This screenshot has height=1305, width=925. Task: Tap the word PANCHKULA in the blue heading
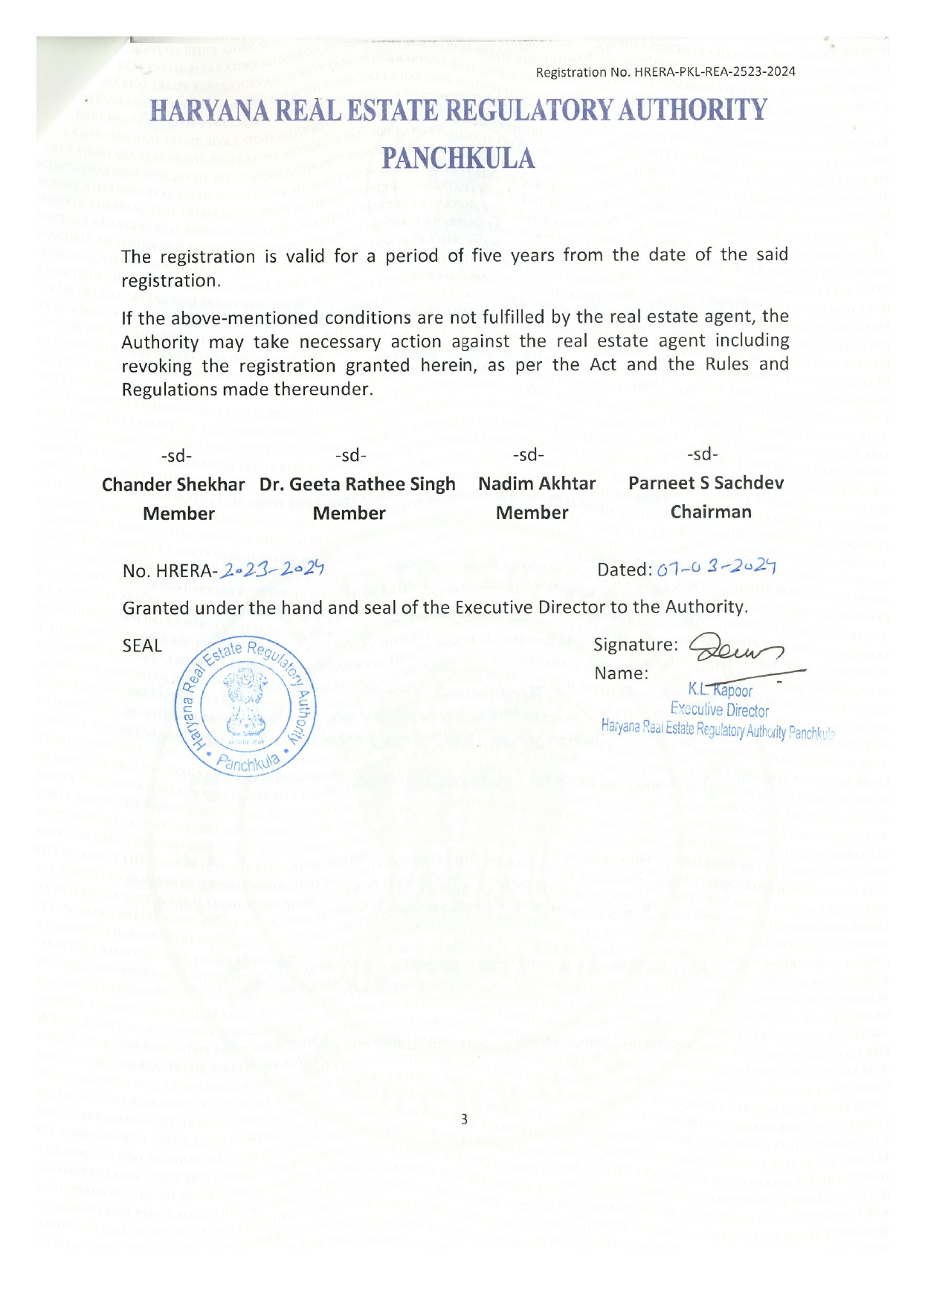click(459, 158)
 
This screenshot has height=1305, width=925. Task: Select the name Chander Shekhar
click(173, 485)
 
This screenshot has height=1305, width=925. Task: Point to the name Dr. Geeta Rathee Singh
click(357, 485)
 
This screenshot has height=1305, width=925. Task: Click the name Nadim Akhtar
click(537, 484)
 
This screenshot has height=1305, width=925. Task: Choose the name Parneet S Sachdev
click(706, 483)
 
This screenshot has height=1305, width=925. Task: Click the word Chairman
click(711, 512)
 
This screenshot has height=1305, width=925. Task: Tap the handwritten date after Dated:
click(717, 569)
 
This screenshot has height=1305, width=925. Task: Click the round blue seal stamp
click(245, 707)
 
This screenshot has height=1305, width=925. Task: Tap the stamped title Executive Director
click(719, 710)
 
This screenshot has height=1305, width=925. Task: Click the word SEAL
click(142, 645)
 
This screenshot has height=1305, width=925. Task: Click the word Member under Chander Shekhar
click(178, 514)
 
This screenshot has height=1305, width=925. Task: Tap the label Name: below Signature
click(621, 674)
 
